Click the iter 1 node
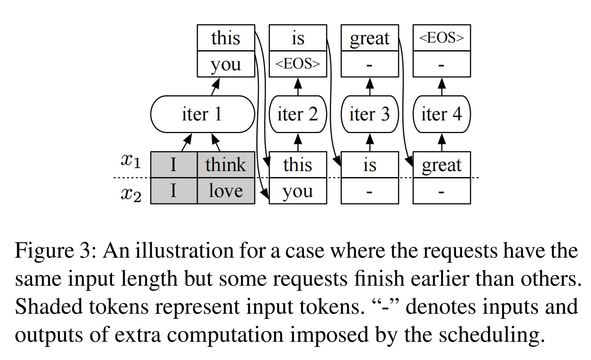(202, 114)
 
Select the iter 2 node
(298, 114)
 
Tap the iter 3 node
(370, 114)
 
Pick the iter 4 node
(442, 114)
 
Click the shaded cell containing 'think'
(226, 165)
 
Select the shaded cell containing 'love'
(226, 191)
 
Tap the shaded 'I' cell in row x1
(174, 165)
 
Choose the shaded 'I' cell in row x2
(174, 191)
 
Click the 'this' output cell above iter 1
(226, 38)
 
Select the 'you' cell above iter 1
(226, 64)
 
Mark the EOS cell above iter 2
(298, 64)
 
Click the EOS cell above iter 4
(442, 38)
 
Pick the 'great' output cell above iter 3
(370, 38)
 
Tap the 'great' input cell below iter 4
(442, 165)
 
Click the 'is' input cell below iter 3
(370, 165)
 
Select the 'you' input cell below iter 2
(298, 191)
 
